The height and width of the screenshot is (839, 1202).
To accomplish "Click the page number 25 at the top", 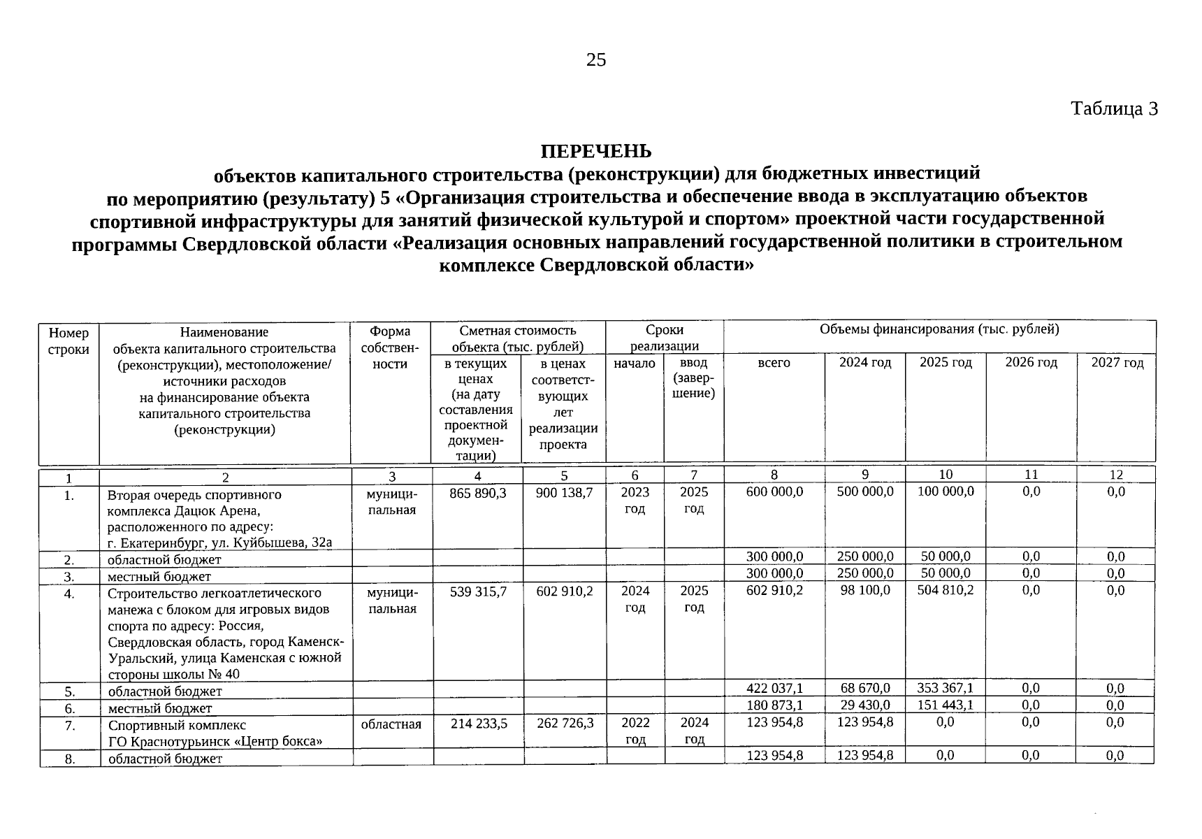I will [596, 60].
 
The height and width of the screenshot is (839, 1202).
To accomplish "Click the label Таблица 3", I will [1114, 109].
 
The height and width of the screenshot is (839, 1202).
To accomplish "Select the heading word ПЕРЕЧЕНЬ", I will [596, 151].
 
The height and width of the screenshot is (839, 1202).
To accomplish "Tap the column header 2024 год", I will [865, 362].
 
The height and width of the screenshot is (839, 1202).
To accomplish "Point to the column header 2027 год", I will [1117, 362].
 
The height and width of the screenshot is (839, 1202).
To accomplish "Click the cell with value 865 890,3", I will [478, 493].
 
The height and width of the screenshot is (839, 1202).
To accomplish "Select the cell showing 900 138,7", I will [564, 493].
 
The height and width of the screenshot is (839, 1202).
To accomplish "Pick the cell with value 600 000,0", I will [774, 492].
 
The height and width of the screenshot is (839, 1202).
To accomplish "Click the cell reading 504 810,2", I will [946, 590].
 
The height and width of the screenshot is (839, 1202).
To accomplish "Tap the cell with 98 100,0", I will [865, 590].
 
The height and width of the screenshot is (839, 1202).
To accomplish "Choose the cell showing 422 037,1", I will [774, 689].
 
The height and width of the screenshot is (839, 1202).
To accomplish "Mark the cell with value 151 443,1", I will [946, 705].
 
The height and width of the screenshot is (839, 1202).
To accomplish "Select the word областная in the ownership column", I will [391, 724].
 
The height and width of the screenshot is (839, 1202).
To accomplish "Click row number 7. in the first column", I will [69, 726].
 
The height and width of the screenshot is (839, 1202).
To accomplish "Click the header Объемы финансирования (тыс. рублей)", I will [939, 329].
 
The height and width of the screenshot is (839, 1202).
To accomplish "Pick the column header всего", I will [774, 362].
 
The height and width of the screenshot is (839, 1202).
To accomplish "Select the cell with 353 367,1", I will [946, 689].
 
